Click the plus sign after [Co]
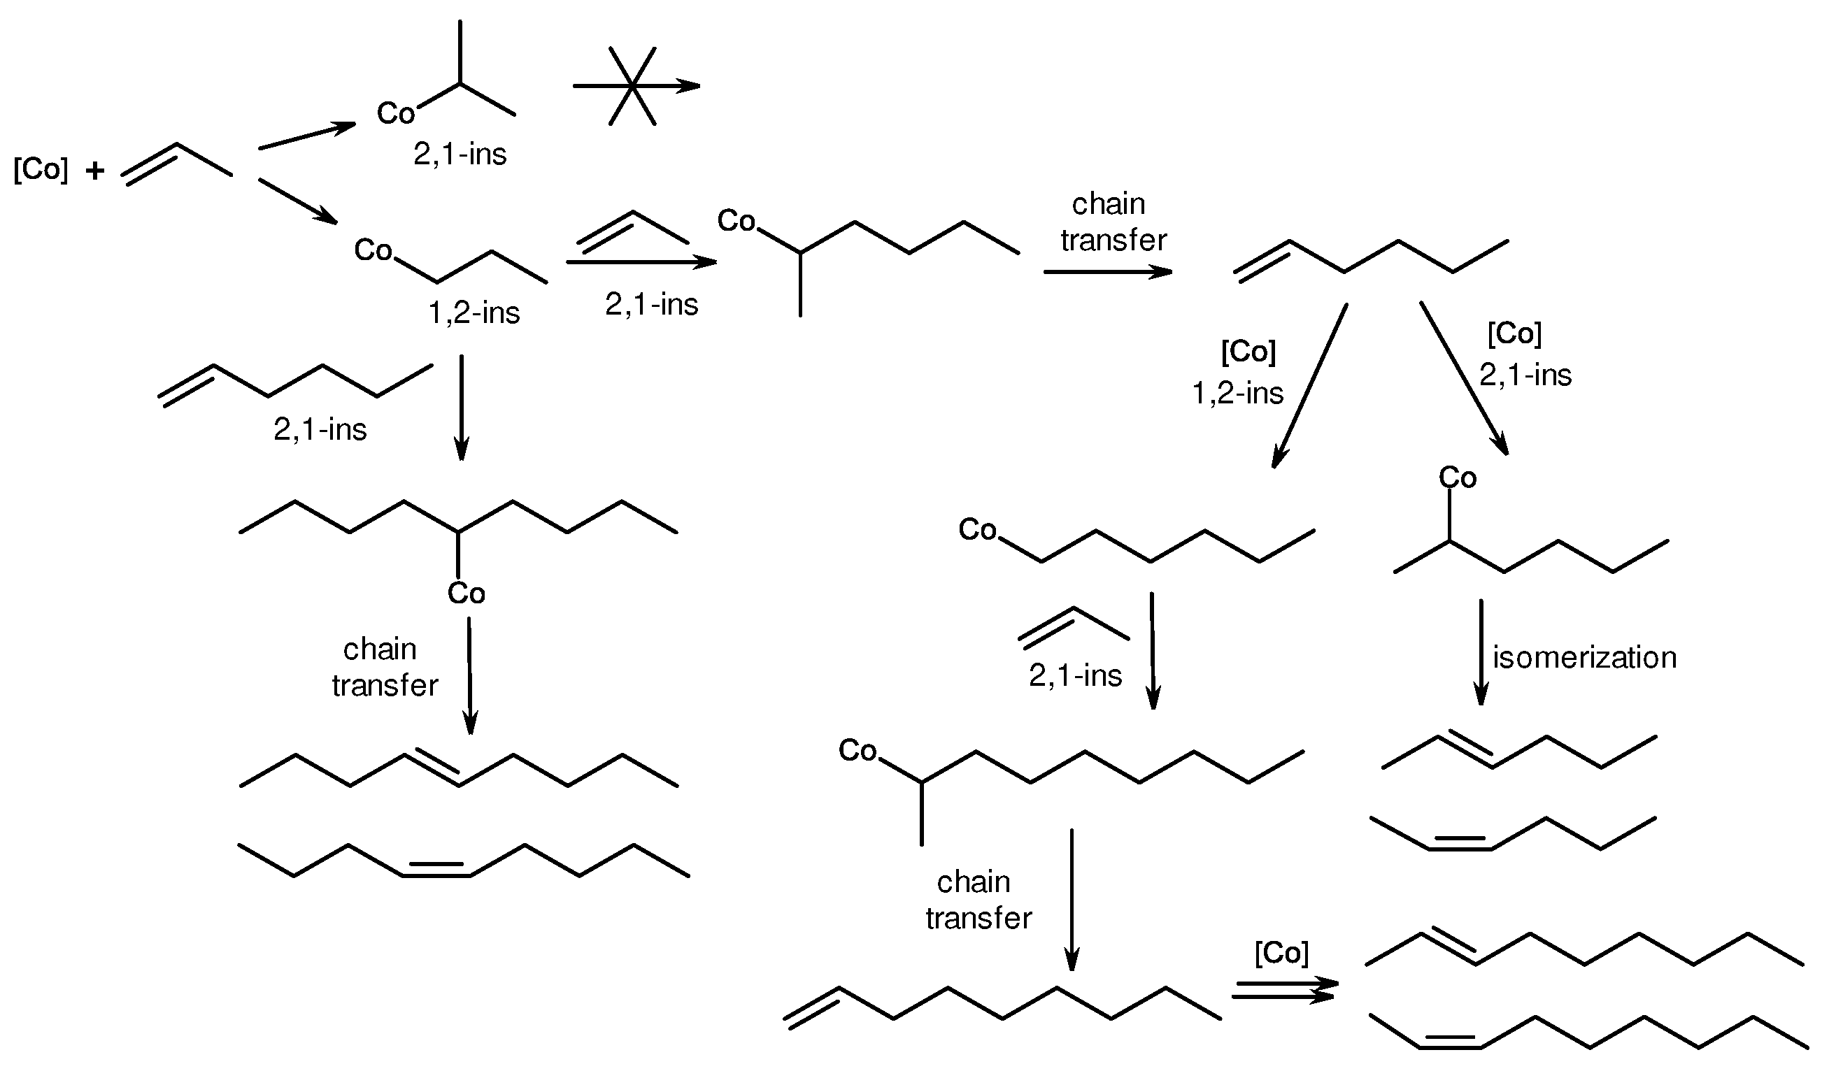point(94,171)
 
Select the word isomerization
point(1584,658)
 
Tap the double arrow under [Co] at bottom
point(1284,990)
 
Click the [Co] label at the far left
point(41,169)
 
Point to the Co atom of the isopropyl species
point(395,113)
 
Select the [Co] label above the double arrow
point(1281,953)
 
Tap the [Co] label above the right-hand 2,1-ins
point(1514,333)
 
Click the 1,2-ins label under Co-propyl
point(474,313)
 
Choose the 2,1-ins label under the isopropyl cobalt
point(460,154)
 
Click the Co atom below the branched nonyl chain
point(466,594)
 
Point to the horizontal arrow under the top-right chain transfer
point(1107,272)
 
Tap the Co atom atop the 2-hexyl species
point(1457,477)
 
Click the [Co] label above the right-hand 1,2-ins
point(1248,352)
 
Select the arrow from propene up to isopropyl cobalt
point(306,136)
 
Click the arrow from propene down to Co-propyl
point(298,201)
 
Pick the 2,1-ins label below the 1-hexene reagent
point(320,430)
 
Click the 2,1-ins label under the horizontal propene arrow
point(651,304)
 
